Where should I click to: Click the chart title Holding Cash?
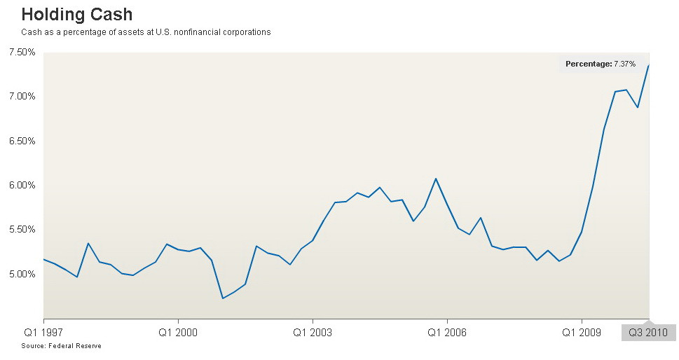click(77, 14)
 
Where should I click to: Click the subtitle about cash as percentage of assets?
click(146, 32)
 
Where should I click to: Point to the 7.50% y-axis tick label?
click(22, 53)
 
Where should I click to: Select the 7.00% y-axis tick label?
click(22, 96)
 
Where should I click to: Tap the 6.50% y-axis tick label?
click(22, 141)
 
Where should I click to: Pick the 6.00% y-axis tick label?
click(22, 185)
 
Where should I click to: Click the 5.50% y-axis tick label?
click(22, 230)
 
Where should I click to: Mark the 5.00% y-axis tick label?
click(22, 274)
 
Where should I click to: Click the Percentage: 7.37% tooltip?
click(601, 64)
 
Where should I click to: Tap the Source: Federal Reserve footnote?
click(61, 346)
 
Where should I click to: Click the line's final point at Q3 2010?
click(649, 64)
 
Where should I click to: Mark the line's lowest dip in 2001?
click(223, 298)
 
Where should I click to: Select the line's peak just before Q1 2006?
click(436, 179)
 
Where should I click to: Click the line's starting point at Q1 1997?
click(44, 259)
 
